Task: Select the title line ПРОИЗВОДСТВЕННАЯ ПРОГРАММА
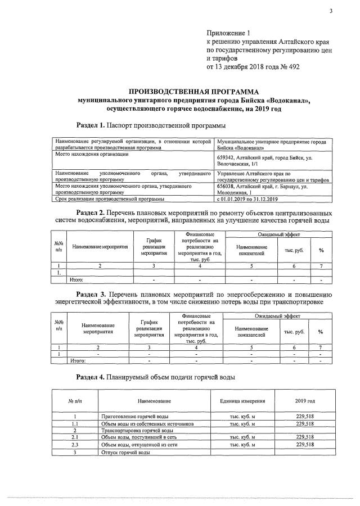point(193,91)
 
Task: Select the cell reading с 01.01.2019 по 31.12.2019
point(251,198)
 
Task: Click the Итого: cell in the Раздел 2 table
point(76,279)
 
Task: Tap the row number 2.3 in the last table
point(75,444)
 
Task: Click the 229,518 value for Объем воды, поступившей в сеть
point(304,437)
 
